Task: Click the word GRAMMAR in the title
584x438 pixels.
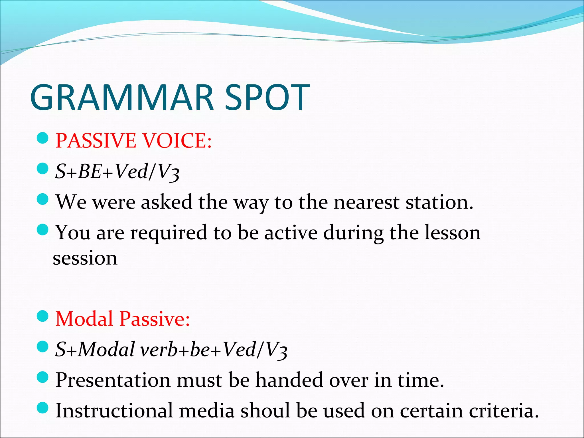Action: point(122,98)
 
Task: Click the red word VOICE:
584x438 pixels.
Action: point(177,141)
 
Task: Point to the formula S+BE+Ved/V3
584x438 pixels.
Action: point(117,172)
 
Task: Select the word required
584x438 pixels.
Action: point(169,233)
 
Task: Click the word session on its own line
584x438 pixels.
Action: point(85,258)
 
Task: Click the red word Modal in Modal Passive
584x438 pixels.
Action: point(84,319)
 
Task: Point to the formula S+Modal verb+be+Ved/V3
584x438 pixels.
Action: point(171,350)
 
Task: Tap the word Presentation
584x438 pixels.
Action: point(113,380)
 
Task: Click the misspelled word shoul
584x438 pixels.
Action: point(265,411)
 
